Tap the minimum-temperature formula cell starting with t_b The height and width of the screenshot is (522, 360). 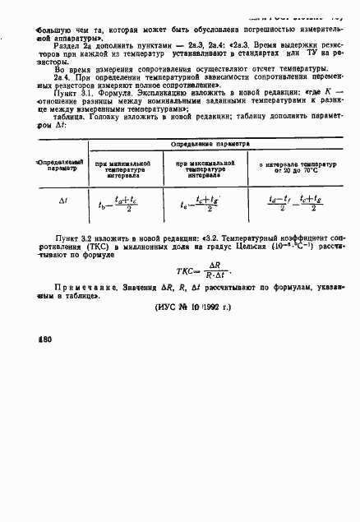(133, 203)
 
